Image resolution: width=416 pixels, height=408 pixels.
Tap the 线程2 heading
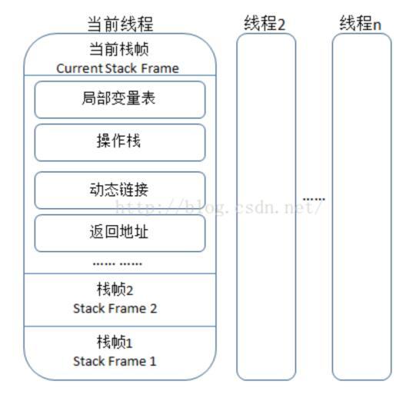(265, 23)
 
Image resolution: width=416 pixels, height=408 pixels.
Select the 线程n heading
(361, 23)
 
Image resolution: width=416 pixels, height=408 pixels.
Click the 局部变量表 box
(120, 99)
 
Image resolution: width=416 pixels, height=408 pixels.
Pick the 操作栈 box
(120, 142)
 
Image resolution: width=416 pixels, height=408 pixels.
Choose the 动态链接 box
(120, 190)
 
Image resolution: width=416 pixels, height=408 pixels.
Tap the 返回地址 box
(120, 232)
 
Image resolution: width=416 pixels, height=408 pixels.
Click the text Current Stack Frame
(118, 68)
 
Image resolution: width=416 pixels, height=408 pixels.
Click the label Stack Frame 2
(115, 308)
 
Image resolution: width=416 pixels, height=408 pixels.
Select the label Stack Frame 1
(115, 360)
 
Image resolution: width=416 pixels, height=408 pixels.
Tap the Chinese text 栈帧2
(115, 290)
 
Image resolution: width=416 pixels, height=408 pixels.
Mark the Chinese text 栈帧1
(115, 342)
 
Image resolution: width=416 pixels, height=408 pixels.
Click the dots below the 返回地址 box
(117, 263)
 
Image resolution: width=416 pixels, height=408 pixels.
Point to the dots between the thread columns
(314, 199)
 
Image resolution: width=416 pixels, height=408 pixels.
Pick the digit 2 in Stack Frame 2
(154, 308)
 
